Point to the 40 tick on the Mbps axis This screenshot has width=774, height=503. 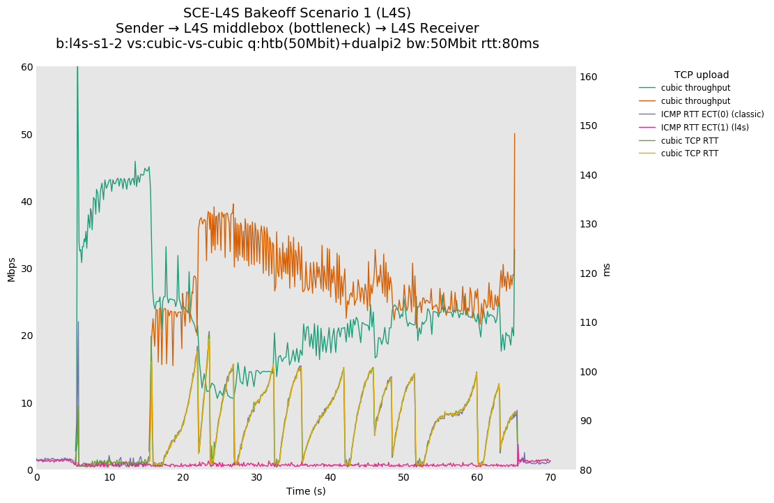(28, 202)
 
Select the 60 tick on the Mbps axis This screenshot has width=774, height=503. (28, 67)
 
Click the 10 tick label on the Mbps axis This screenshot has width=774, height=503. (28, 403)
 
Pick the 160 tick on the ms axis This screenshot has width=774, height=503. (589, 77)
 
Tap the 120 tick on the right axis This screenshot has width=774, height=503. (589, 273)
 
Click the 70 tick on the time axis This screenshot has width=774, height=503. (550, 478)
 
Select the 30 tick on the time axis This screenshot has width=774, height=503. (256, 478)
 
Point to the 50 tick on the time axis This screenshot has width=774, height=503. (403, 478)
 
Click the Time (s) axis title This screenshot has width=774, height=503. (306, 491)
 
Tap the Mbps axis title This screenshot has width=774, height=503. (11, 269)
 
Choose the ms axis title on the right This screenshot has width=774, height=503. (606, 269)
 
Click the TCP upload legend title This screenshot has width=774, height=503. (702, 75)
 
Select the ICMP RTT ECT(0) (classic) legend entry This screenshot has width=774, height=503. (712, 114)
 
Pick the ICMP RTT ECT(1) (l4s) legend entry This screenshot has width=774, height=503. (704, 128)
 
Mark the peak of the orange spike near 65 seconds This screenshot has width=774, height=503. (515, 133)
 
